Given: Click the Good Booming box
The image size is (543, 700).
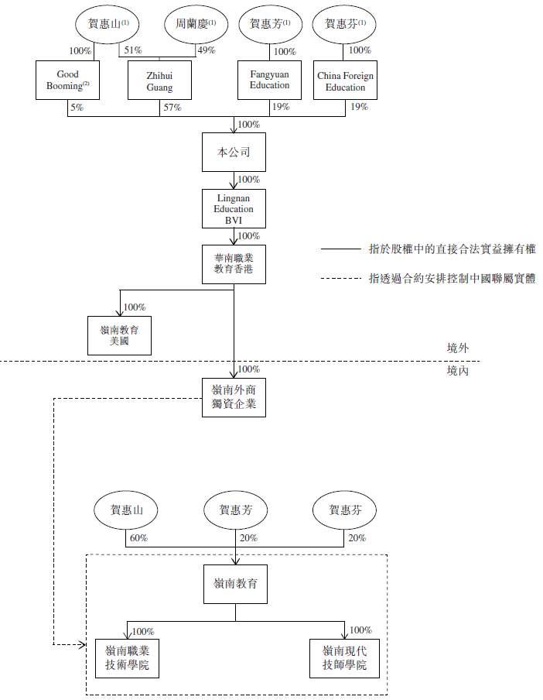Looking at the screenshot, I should point(68,81).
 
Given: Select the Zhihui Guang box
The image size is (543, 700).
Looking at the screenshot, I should point(159,81).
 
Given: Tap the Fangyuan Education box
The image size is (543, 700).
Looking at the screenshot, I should point(269,81).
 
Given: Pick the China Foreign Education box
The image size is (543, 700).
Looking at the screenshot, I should point(345,81).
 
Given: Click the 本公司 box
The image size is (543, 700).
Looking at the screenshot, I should point(234,153).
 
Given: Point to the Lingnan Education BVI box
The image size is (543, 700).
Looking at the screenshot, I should point(234,208).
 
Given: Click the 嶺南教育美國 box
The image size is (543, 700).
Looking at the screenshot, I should point(119,335).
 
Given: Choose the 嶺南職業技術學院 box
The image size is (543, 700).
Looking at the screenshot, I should point(127,658).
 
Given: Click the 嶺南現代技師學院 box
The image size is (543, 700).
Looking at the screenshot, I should point(345,658).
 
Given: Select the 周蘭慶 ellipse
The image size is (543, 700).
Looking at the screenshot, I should point(190,24).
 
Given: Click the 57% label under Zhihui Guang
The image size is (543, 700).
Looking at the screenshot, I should point(172,108).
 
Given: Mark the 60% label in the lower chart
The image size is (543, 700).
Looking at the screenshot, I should point(138,538).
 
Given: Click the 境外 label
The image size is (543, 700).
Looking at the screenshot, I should point(458,348).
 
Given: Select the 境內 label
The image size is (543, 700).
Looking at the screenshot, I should point(458,371).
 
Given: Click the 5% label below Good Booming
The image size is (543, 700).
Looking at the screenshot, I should point(77,108).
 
